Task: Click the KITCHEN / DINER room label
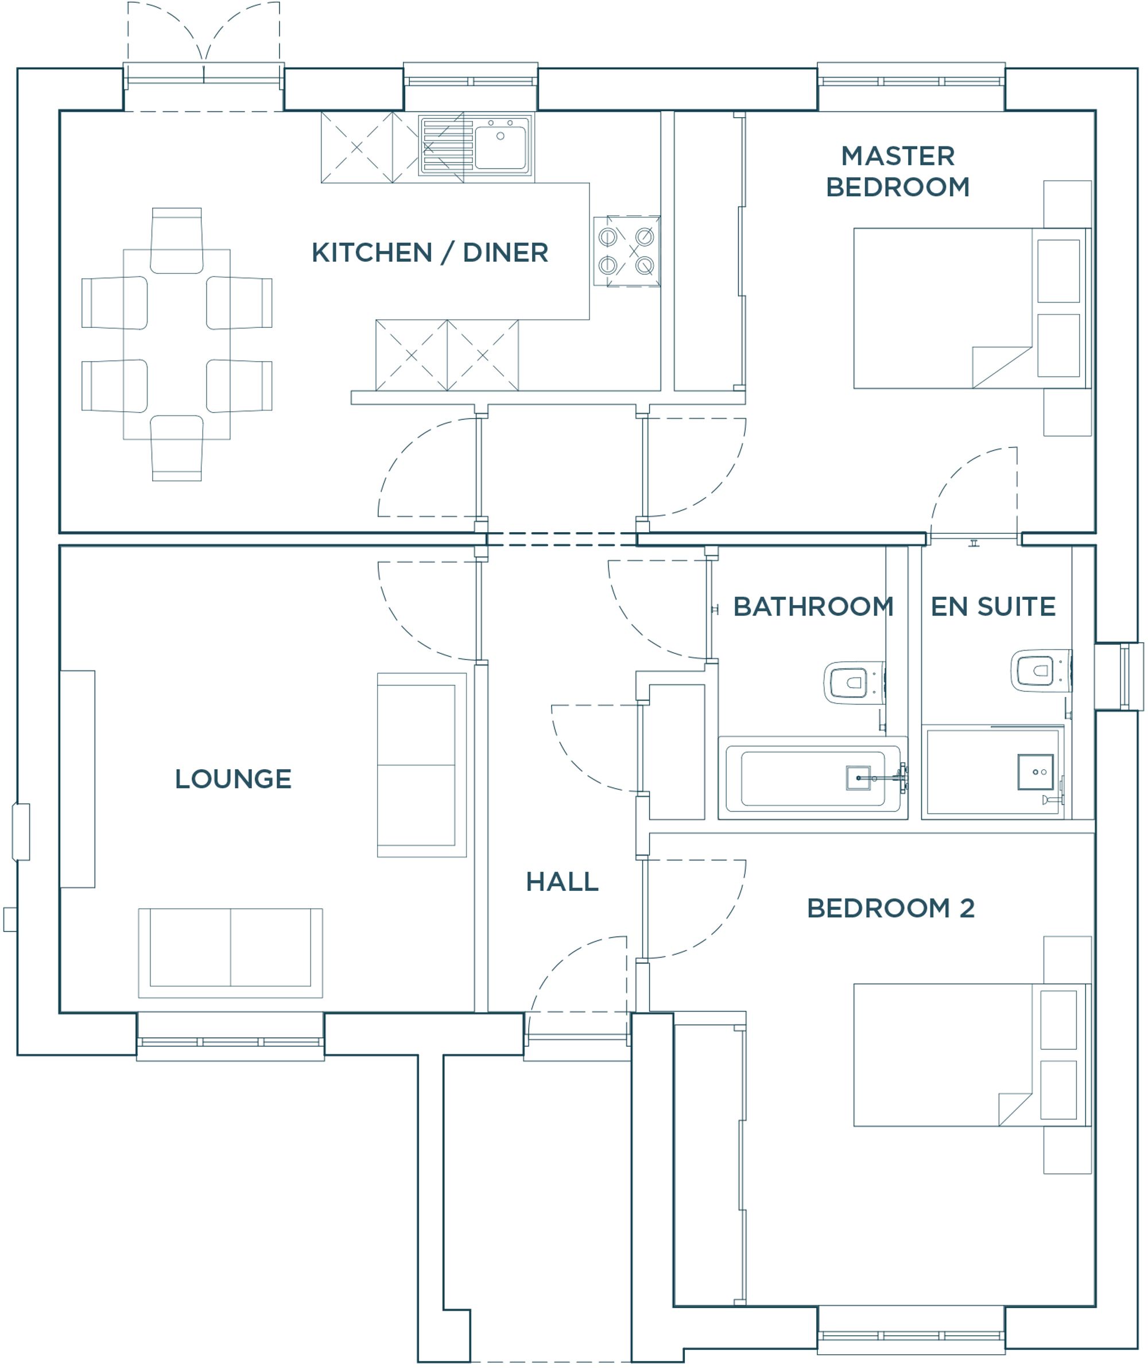430,253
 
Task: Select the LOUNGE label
233,779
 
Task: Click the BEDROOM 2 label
891,908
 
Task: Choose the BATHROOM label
813,606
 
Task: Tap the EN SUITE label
993,606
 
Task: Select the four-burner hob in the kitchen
626,251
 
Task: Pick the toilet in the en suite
1041,670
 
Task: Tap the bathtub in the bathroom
813,778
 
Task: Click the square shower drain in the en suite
1035,772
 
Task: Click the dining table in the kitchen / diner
177,344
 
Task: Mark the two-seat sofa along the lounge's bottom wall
231,953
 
